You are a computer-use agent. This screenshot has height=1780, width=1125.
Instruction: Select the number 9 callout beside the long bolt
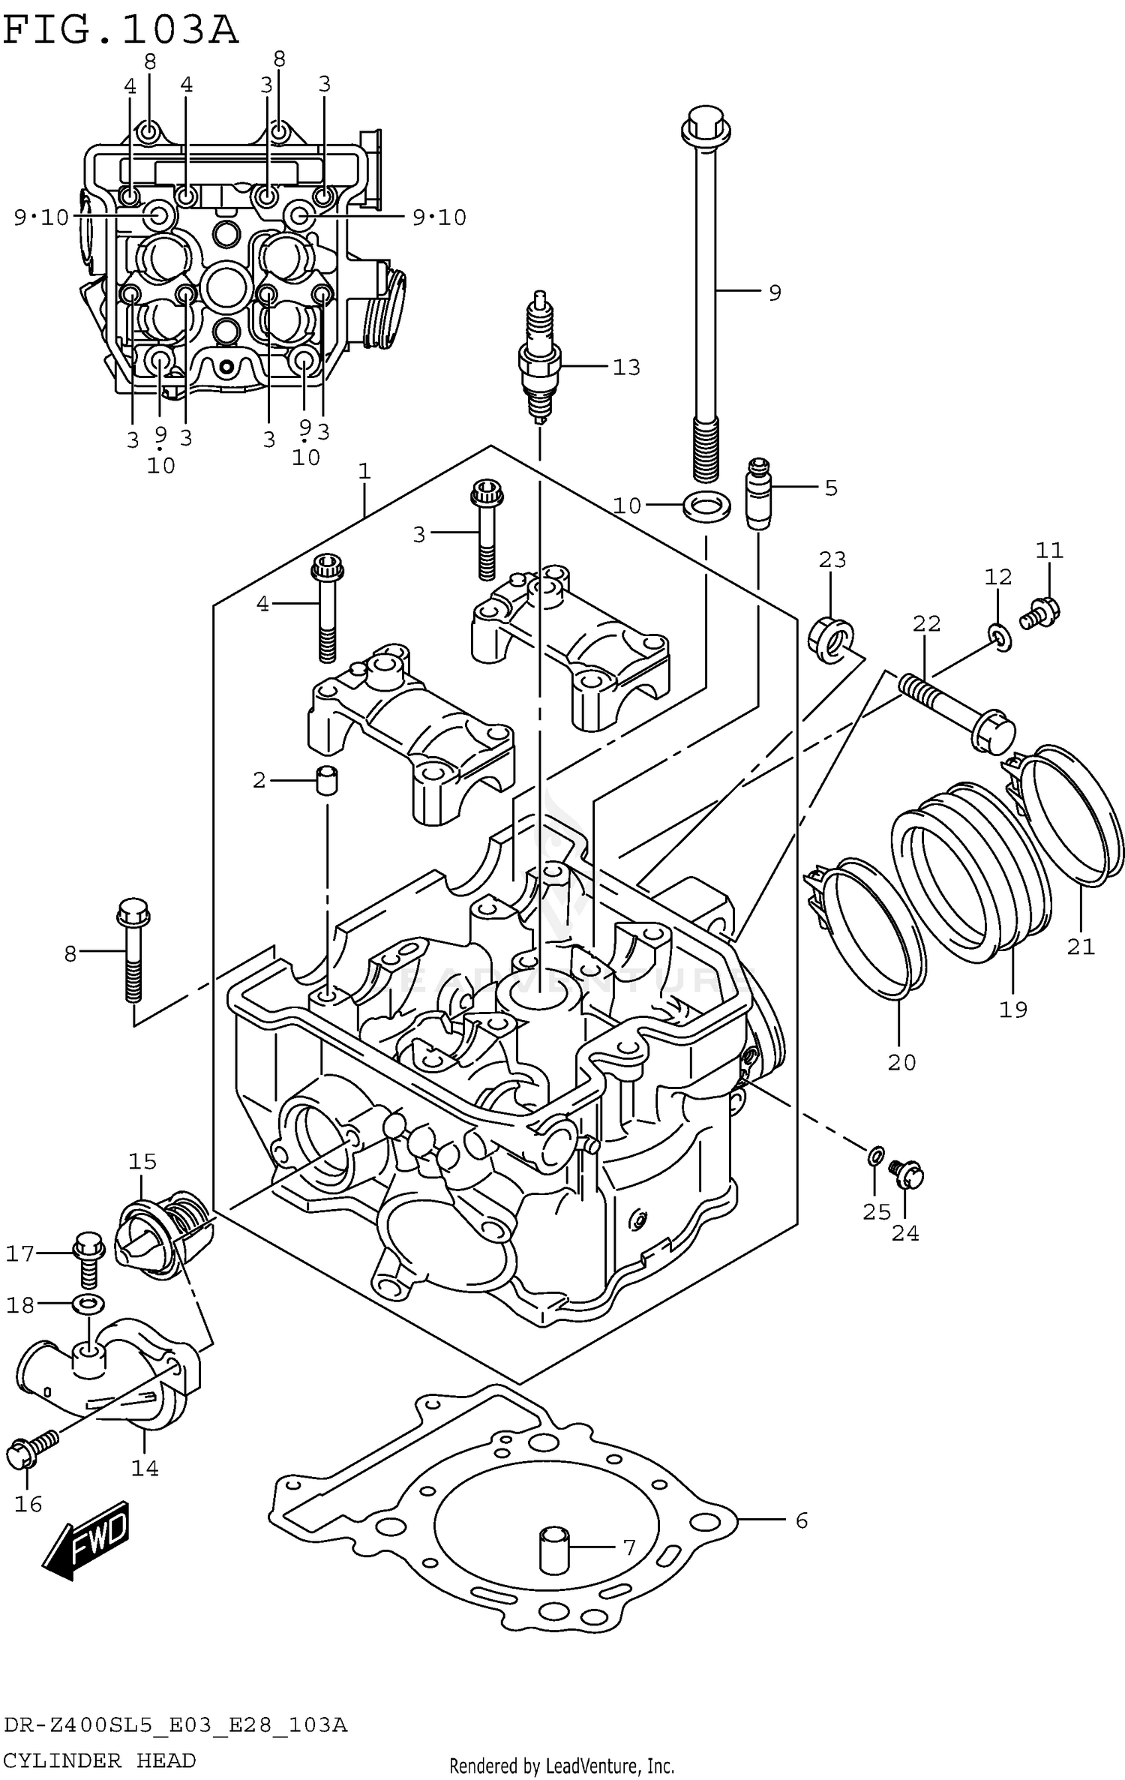point(775,293)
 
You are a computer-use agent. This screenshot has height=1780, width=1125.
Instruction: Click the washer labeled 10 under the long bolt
point(706,506)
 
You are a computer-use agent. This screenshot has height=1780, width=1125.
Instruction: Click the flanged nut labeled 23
point(831,640)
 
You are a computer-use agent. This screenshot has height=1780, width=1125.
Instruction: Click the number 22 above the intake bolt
point(926,623)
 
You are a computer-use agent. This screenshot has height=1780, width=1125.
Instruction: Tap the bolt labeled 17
point(88,1253)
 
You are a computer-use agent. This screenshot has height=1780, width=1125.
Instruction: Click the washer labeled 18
point(88,1304)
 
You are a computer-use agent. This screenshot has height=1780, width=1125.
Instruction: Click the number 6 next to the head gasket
point(801,1520)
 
